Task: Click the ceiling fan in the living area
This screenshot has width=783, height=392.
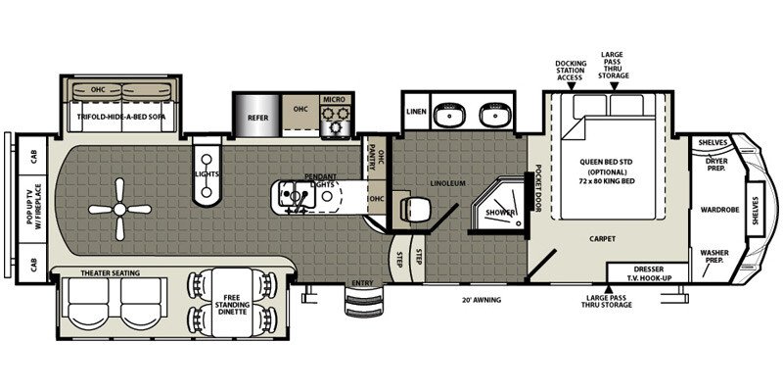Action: pos(118,207)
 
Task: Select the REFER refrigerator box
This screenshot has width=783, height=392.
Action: pos(257,117)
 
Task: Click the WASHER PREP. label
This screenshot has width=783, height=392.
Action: pos(714,257)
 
